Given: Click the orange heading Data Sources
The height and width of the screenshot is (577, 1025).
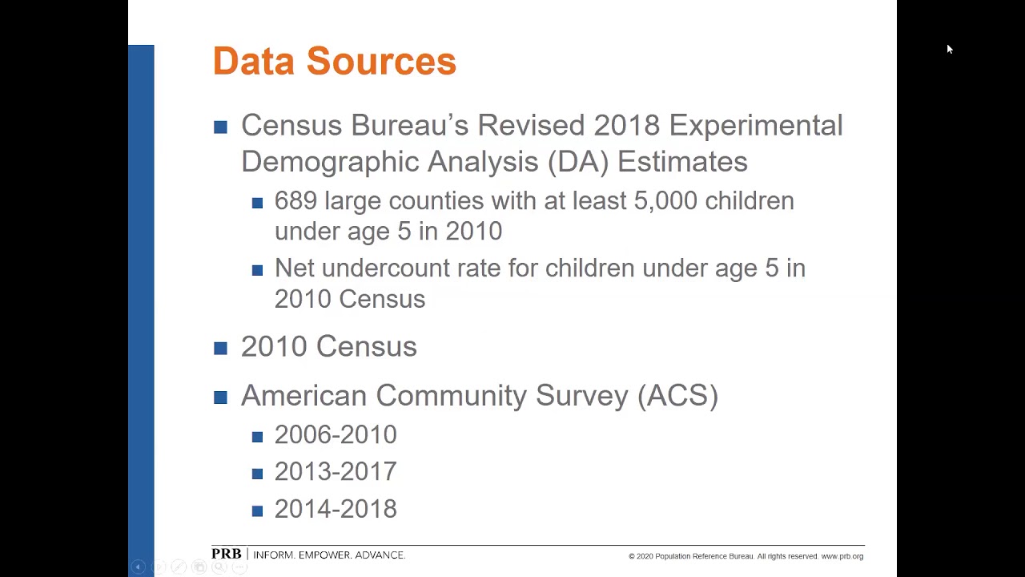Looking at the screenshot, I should (334, 62).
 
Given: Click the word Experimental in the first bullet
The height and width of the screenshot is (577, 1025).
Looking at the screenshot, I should (755, 126).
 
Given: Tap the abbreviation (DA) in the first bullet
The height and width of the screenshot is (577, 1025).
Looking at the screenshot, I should (578, 162).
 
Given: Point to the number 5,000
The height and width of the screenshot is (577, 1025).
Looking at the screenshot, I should (665, 201).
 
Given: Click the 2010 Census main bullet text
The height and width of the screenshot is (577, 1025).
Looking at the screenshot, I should (328, 347).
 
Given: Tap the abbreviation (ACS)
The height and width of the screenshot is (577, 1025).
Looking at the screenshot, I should (677, 396).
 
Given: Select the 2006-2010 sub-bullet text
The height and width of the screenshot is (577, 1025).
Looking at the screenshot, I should (336, 435).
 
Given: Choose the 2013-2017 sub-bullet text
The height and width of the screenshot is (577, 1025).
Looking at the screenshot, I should (336, 472).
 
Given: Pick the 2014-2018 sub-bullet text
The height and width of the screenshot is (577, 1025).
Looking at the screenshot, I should (336, 510).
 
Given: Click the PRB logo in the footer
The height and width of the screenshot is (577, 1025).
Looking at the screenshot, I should (226, 555).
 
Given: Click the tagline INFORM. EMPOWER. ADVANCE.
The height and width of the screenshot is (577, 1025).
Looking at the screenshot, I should (329, 555).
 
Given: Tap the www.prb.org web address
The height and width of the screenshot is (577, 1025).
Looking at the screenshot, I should (842, 556).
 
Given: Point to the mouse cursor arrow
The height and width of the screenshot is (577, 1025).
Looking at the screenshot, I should (950, 50).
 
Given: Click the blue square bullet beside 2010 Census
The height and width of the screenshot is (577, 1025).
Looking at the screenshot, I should (221, 348).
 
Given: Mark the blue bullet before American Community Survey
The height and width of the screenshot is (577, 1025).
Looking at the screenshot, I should (221, 397).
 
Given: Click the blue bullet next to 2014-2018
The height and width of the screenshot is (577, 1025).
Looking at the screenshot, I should (257, 510).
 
